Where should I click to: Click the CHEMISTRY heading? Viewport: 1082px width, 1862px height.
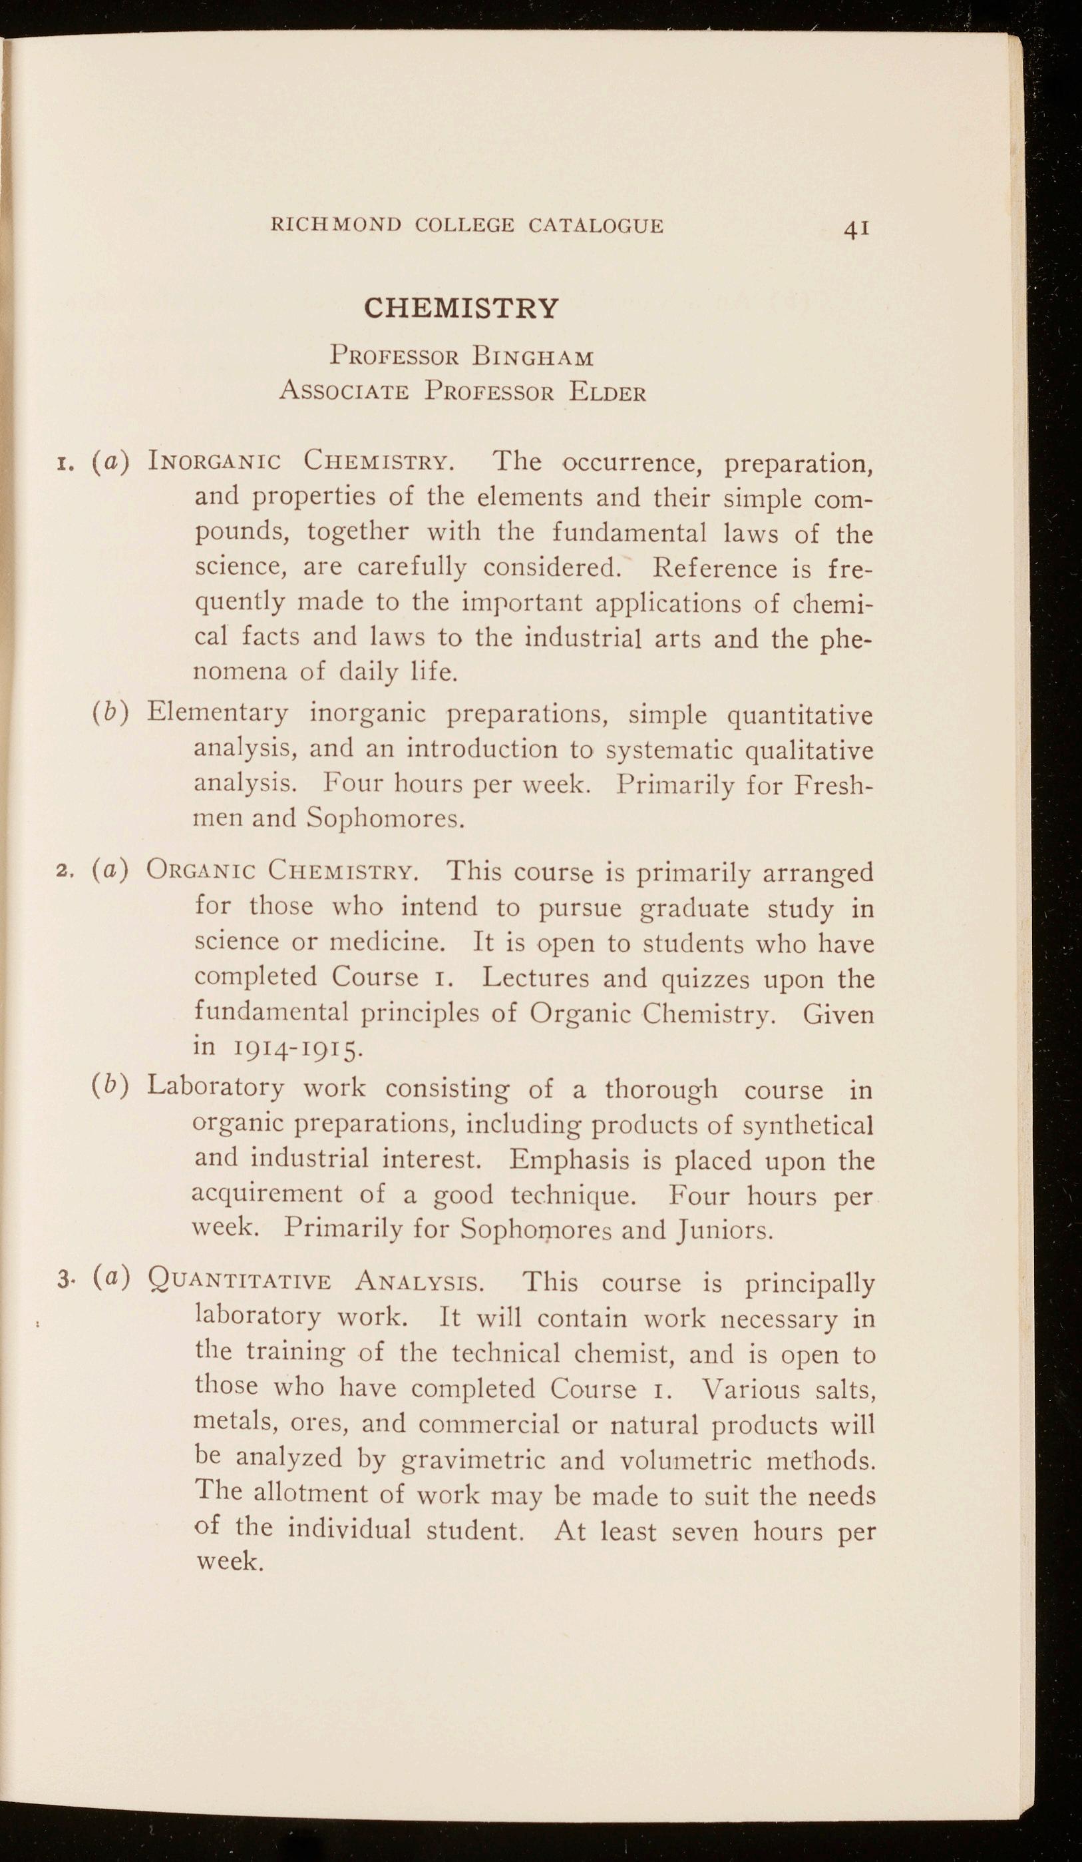(462, 306)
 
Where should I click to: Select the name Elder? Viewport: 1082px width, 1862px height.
(607, 392)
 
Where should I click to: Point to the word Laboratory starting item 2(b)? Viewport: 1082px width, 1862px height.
(215, 1087)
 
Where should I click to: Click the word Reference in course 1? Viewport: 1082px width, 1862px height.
(715, 568)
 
